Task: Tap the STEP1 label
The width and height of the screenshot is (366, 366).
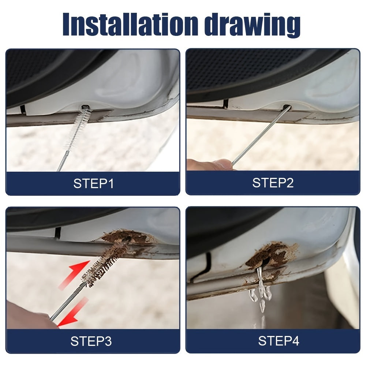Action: tap(93, 183)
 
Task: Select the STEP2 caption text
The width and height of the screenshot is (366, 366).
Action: tap(273, 183)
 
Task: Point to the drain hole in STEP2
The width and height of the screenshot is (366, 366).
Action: tap(287, 108)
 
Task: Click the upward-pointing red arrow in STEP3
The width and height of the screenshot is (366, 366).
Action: tap(77, 272)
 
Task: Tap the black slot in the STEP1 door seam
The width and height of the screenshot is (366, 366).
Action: tap(23, 109)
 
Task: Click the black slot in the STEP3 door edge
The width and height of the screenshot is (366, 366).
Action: tap(57, 233)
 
